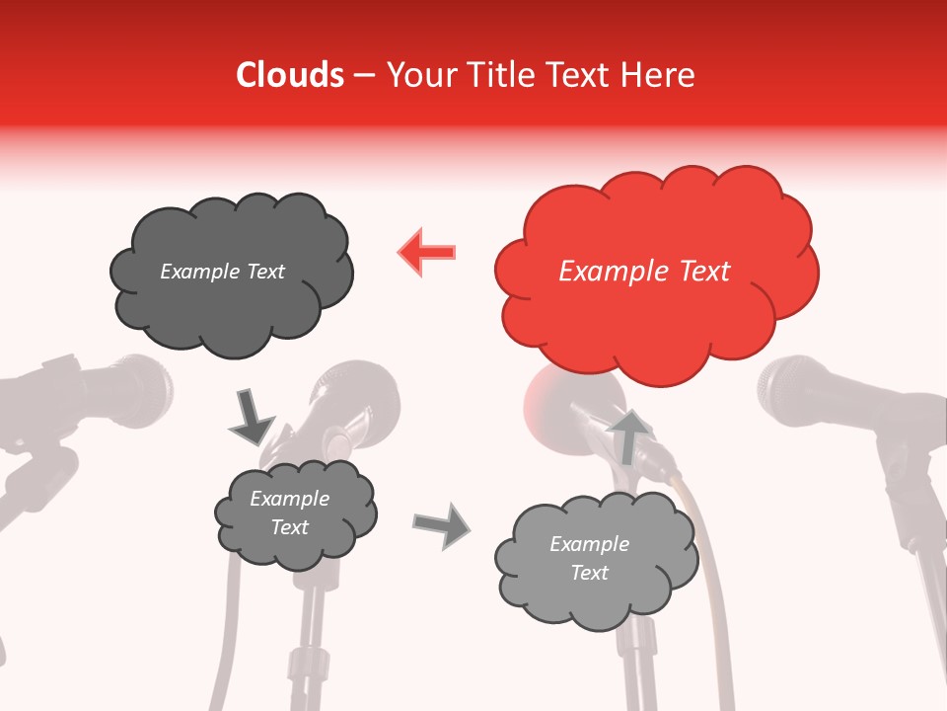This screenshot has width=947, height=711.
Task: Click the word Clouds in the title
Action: pos(290,75)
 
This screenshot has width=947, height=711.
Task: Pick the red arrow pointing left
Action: pos(427,252)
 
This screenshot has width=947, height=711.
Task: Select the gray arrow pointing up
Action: pos(629,435)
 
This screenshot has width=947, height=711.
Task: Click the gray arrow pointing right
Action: pos(441,525)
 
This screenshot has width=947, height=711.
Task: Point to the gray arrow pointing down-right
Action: pos(252,419)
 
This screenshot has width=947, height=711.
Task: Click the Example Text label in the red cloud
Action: pos(644,272)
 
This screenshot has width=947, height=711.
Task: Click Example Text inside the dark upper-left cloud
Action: pos(222,272)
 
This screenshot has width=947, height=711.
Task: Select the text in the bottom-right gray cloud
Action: pos(589,558)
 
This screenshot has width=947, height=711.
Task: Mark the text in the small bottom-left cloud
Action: pos(289,513)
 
